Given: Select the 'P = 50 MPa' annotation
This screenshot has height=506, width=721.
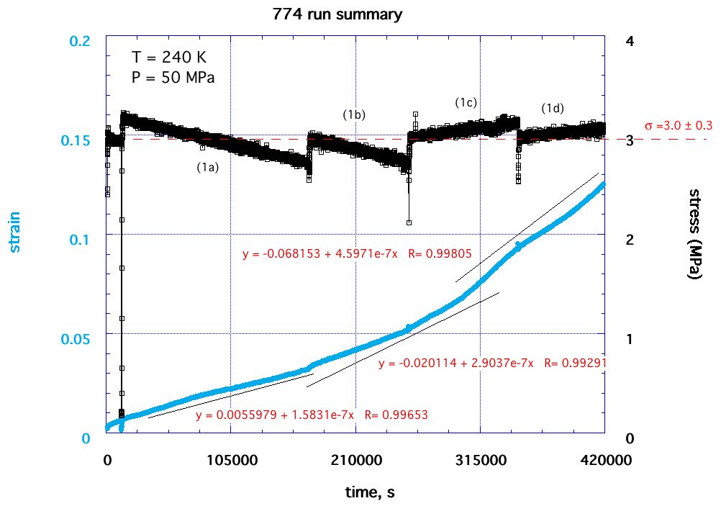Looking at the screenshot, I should [x=173, y=76].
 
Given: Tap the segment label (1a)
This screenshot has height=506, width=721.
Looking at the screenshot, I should [x=208, y=167].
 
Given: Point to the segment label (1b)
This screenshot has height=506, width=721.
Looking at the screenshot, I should [x=354, y=114].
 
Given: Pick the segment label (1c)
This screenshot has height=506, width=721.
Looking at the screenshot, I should [x=466, y=102].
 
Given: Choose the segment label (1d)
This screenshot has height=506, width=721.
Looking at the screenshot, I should [x=553, y=108].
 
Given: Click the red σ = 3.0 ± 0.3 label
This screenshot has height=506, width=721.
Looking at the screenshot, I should [x=679, y=125].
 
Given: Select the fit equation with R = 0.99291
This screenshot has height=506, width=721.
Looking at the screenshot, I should [x=492, y=363].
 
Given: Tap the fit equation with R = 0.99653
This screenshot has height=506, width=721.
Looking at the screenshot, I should [x=304, y=415].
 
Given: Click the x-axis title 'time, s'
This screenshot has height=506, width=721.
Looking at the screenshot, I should [x=368, y=492].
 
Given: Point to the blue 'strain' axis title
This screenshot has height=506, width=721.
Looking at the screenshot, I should [x=15, y=231].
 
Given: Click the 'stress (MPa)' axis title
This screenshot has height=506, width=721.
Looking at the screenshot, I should [x=696, y=233].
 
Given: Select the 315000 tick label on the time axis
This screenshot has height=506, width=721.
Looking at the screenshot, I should [x=480, y=460].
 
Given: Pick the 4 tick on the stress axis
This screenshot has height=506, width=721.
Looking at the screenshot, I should [x=630, y=41].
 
